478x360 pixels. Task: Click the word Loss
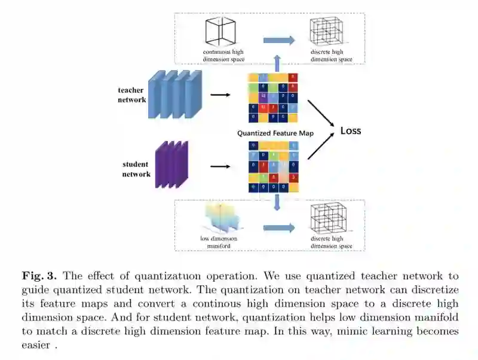click(x=350, y=130)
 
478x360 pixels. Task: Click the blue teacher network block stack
click(x=174, y=94)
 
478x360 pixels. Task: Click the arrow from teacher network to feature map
click(x=220, y=95)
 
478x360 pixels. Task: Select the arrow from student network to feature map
click(x=220, y=167)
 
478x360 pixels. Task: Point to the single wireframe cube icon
click(x=220, y=33)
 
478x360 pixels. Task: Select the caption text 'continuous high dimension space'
click(x=224, y=56)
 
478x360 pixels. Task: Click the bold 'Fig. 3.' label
click(x=39, y=276)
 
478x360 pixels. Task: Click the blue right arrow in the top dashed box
click(x=280, y=41)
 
